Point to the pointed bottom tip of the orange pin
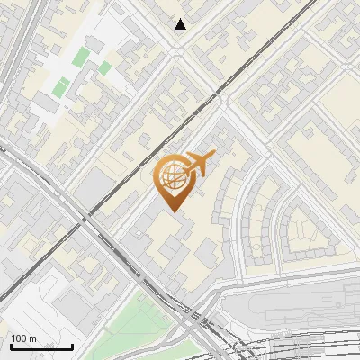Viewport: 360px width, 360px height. click(173, 211)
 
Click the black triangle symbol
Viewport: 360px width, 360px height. click(181, 24)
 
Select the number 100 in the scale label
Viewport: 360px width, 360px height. click(20, 339)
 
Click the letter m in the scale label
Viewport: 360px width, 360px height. click(33, 339)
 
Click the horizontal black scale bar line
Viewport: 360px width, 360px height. click(40, 346)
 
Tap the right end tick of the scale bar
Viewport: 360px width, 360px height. click(72, 345)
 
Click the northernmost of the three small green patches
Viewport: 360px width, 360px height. click(81, 57)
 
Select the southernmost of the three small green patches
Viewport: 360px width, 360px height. click(61, 88)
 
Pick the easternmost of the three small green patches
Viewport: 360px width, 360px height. click(105, 67)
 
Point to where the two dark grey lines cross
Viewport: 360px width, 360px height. click(90, 217)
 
